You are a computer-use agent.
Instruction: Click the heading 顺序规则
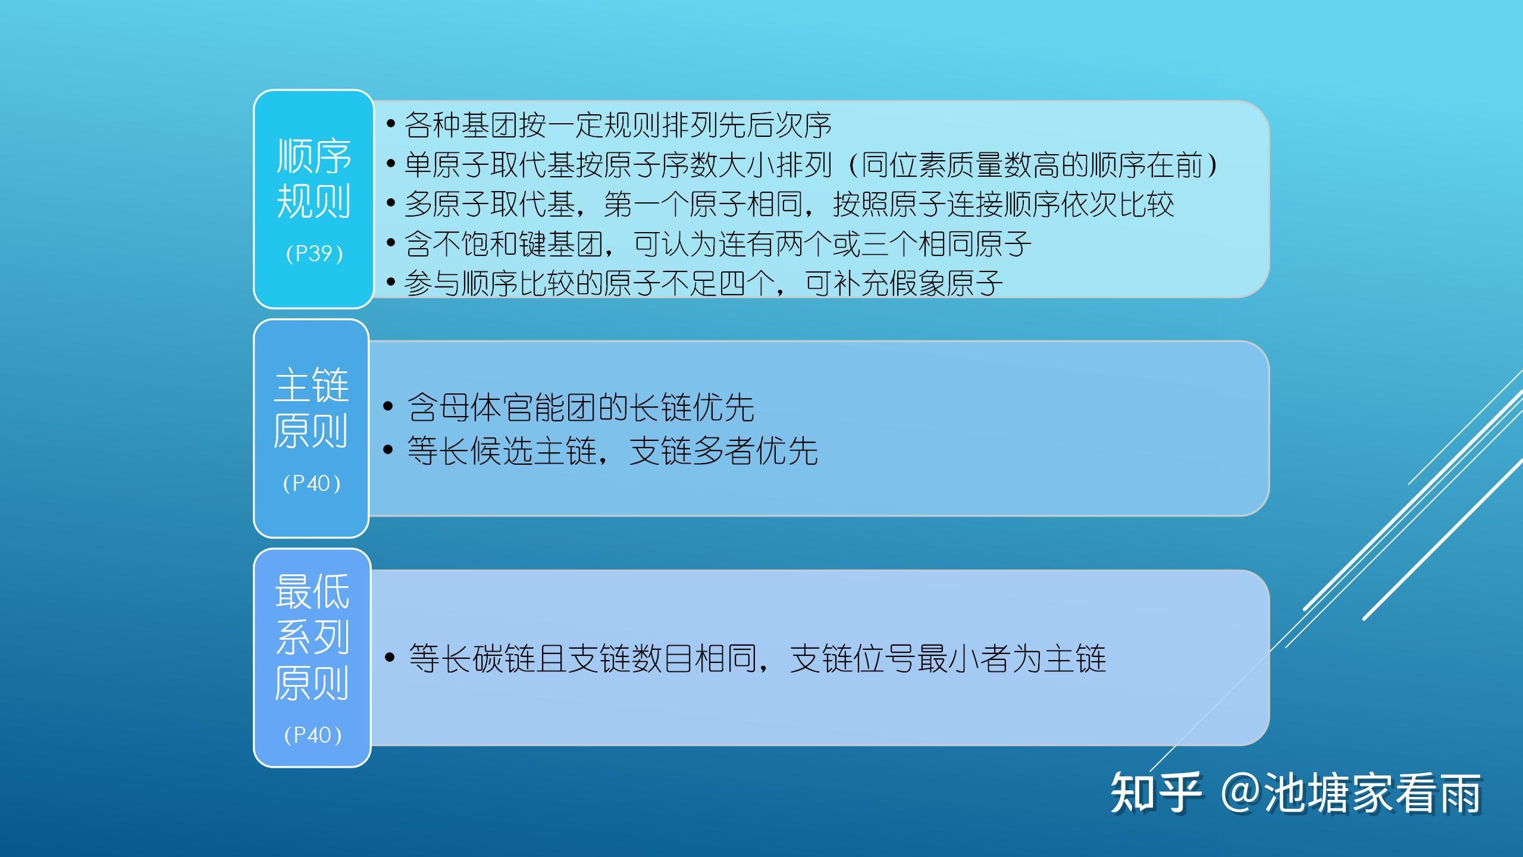(314, 179)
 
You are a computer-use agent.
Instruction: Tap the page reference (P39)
(314, 254)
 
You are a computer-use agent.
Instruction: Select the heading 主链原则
(311, 408)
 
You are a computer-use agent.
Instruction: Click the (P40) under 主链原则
(312, 483)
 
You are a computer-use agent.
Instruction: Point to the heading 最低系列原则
(312, 637)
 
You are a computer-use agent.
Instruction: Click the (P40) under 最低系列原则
(313, 735)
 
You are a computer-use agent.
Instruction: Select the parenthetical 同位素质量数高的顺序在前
(1030, 165)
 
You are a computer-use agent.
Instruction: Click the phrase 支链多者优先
(723, 451)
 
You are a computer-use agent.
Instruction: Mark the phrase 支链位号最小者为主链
(948, 658)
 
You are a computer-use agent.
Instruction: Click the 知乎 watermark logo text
(1155, 793)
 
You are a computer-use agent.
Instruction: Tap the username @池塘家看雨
(1350, 793)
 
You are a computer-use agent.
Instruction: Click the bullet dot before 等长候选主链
(388, 450)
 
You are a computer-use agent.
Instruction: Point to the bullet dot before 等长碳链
(390, 658)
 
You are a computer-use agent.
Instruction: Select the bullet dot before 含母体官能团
(388, 407)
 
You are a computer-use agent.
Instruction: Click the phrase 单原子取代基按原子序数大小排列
(618, 165)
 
